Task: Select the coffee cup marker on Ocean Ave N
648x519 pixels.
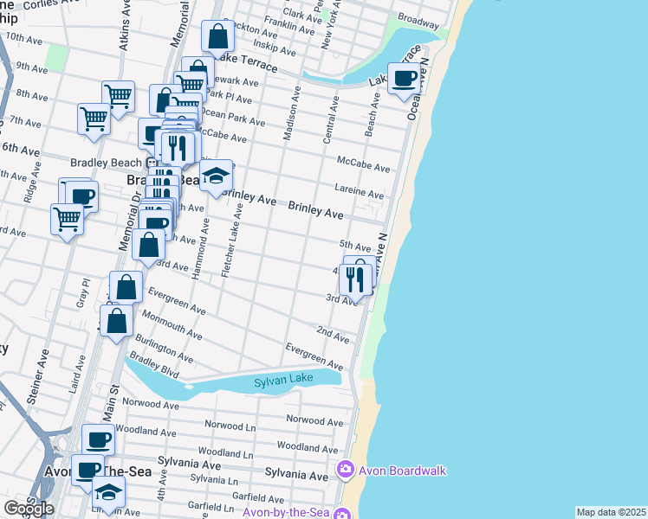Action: tap(404, 80)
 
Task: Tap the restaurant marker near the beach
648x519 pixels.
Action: tap(355, 279)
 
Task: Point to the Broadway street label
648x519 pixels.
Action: tap(418, 19)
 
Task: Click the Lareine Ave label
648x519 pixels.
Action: tap(360, 191)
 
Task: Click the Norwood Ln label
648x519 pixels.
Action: tap(230, 424)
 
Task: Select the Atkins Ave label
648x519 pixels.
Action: tap(126, 29)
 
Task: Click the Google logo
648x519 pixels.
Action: tap(29, 509)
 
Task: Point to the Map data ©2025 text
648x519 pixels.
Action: tap(610, 512)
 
